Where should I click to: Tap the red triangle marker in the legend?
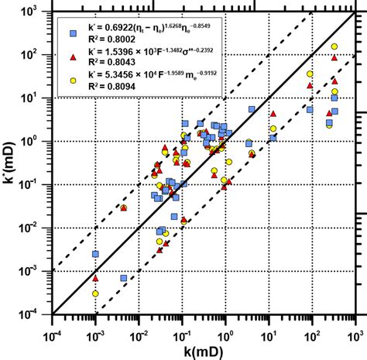point(73,57)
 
